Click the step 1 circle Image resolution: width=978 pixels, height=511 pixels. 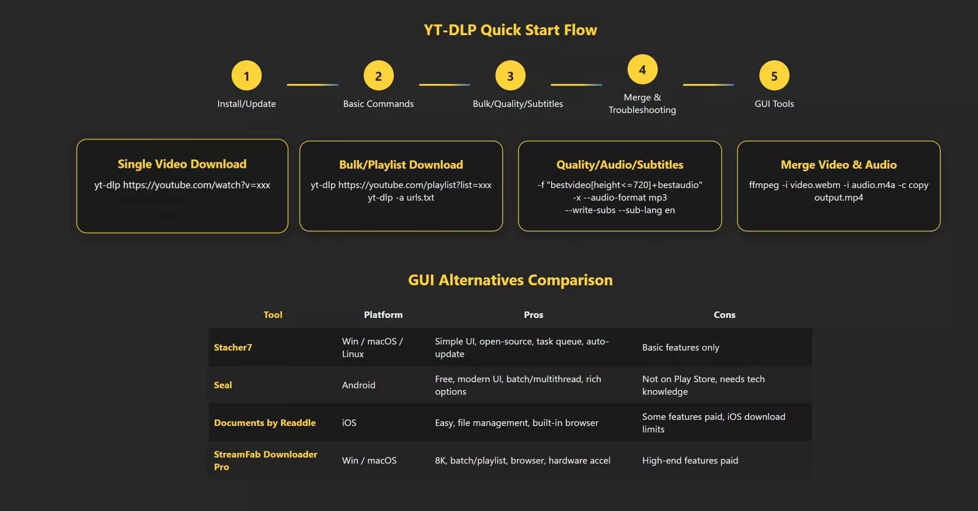(x=247, y=76)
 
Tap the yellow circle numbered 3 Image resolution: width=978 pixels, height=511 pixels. (x=510, y=76)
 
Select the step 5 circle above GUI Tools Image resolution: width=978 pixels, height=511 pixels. (x=774, y=76)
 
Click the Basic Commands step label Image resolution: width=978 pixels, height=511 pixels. (x=378, y=104)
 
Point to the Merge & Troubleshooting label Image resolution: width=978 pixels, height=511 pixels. (x=642, y=103)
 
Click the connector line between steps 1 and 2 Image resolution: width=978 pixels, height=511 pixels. (x=312, y=85)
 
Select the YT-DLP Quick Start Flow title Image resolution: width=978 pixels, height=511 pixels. (x=510, y=30)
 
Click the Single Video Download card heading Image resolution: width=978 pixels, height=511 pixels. (x=182, y=164)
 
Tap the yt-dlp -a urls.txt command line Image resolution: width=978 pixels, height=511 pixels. (x=401, y=198)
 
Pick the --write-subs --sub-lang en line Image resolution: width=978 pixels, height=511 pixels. (x=619, y=210)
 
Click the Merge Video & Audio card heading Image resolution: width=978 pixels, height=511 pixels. (x=838, y=165)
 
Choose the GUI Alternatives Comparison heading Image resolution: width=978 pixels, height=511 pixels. (x=510, y=280)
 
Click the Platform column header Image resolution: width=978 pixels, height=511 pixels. (x=383, y=315)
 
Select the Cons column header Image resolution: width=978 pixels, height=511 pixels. (x=724, y=315)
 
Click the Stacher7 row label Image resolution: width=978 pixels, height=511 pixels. (x=233, y=347)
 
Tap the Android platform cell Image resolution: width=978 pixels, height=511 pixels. (x=359, y=385)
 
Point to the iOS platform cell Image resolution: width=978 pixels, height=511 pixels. (x=349, y=423)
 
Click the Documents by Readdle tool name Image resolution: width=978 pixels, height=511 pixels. (x=265, y=423)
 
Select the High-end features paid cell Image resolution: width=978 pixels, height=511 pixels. (x=690, y=461)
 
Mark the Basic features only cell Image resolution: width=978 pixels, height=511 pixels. (x=681, y=347)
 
